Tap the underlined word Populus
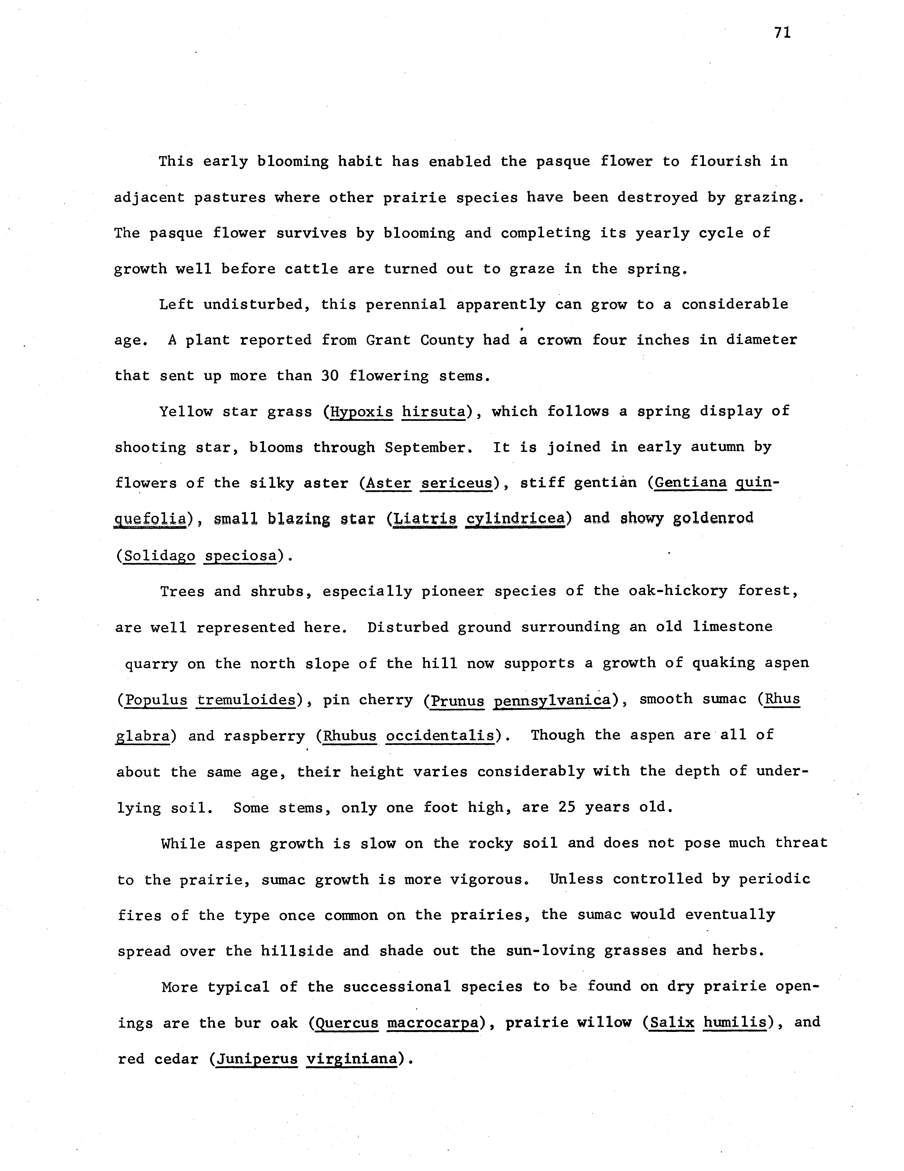click(156, 700)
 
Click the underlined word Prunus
click(457, 700)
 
